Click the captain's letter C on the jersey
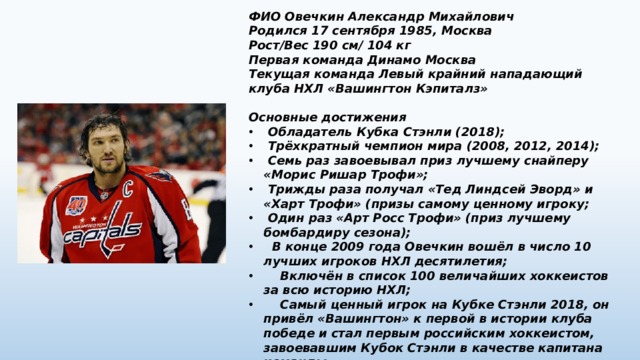tap(128, 187)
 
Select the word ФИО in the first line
tap(262, 18)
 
